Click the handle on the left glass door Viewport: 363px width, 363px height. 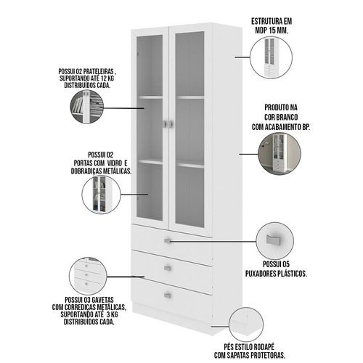click(165, 123)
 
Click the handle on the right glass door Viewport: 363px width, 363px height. click(171, 124)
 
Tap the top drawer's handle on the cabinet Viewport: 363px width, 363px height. click(168, 240)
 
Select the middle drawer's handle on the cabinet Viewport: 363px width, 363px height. click(168, 268)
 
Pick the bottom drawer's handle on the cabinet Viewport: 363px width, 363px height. click(168, 295)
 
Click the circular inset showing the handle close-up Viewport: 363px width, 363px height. click(274, 241)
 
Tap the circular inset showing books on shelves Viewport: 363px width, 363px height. click(87, 107)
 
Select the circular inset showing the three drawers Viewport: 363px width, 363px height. click(88, 276)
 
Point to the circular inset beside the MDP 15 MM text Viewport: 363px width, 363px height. click(271, 57)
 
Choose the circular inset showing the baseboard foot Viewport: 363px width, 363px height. click(246, 325)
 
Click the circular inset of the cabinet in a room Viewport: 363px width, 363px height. click(280, 153)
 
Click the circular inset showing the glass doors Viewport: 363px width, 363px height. click(101, 194)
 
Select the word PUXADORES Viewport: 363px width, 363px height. click(261, 274)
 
